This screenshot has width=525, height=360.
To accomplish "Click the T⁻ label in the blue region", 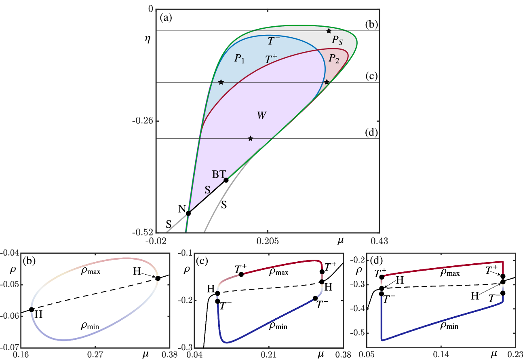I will [274, 41].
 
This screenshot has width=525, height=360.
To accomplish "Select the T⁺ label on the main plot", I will [271, 59].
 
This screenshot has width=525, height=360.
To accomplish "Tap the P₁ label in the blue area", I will [240, 59].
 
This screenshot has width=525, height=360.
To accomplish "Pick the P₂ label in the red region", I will [334, 59].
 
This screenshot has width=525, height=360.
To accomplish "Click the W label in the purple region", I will [261, 116].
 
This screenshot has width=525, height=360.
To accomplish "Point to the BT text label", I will [219, 174].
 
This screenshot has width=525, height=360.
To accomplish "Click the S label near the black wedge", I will [207, 190].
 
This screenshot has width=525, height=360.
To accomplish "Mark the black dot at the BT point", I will [226, 180].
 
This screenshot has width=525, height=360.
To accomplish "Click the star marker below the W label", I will [251, 139].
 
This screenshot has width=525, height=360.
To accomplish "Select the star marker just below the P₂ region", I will [327, 82].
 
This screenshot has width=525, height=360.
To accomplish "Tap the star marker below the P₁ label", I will [221, 83].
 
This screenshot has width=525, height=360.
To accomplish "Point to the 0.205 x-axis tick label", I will [268, 241].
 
